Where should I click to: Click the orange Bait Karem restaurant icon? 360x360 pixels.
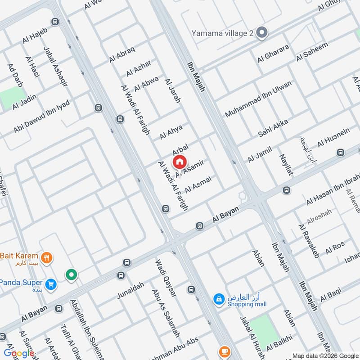pos(46,258)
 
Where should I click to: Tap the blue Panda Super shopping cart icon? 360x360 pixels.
pos(51,284)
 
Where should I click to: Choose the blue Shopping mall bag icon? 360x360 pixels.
pos(219,299)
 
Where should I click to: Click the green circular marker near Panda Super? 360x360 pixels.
pos(71,274)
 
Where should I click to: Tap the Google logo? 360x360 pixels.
pos(18,353)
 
